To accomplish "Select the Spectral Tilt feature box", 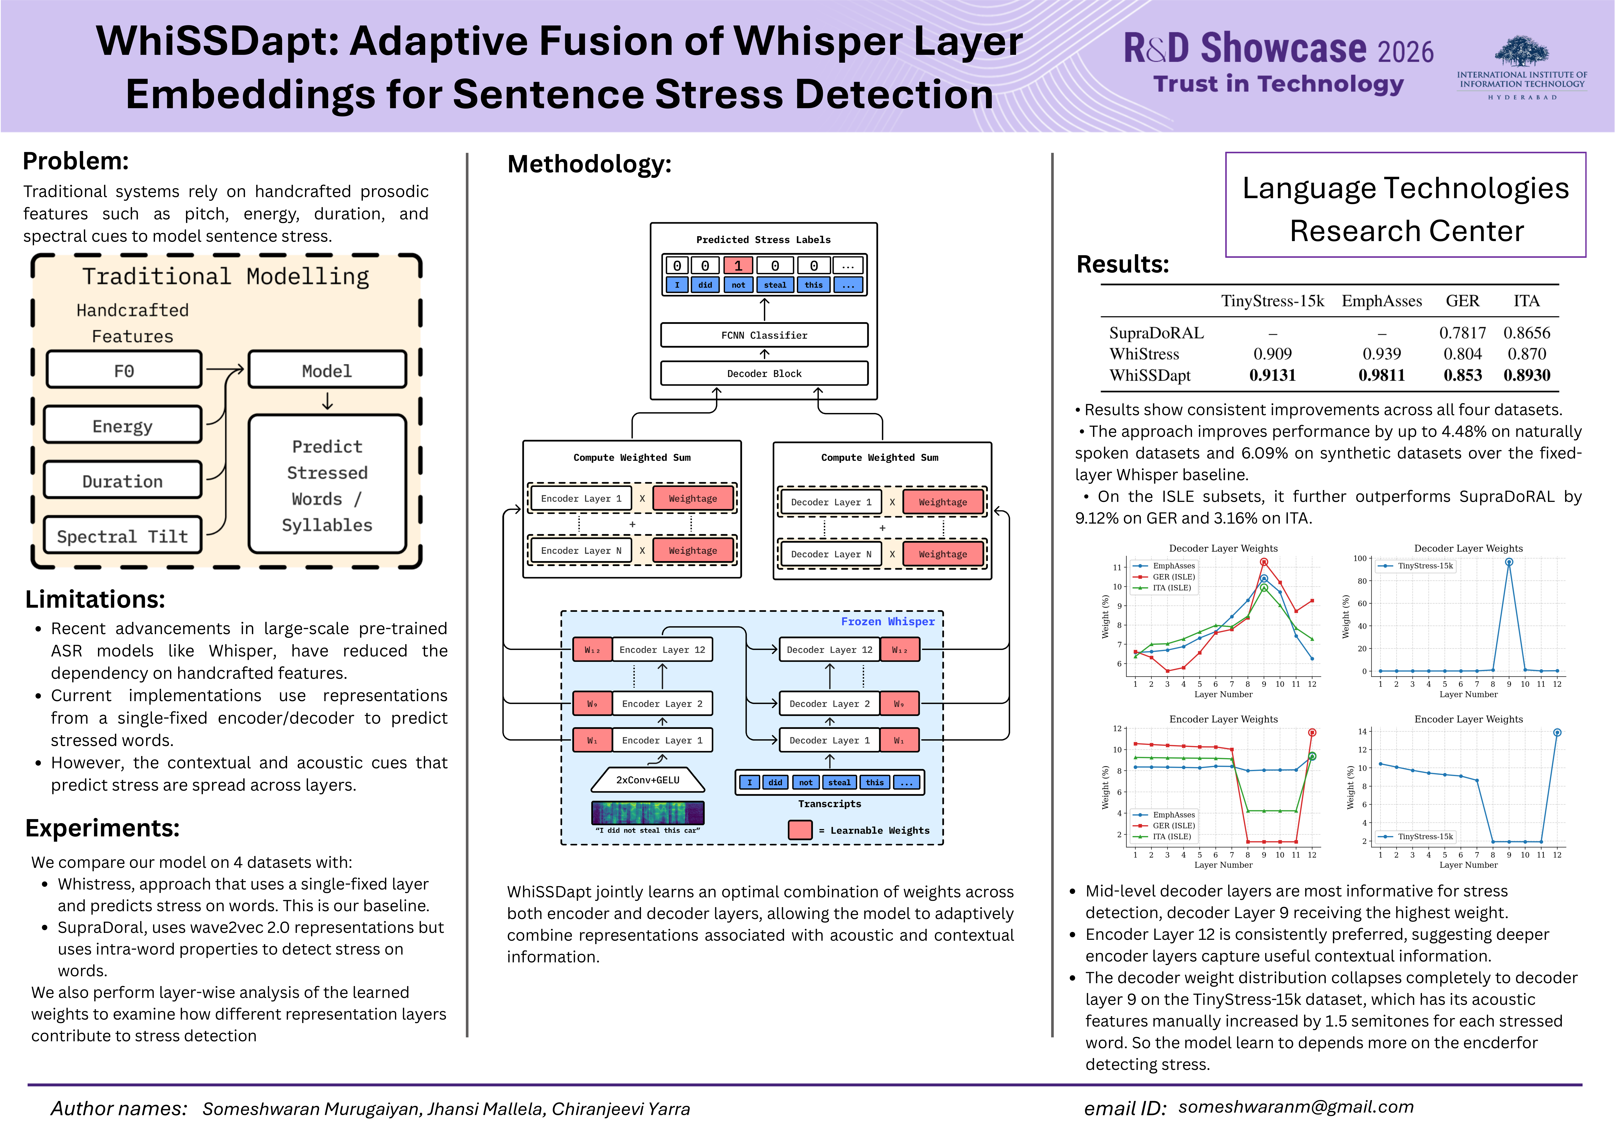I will click(122, 536).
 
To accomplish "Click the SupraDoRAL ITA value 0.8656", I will click(1526, 333).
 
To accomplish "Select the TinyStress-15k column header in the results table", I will click(1272, 301).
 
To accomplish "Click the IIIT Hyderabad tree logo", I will click(1521, 53).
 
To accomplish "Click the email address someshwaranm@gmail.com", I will click(1296, 1107).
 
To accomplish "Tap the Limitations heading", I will click(95, 599).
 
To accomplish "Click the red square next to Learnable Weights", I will click(800, 830).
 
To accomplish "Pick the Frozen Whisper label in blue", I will click(888, 622).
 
